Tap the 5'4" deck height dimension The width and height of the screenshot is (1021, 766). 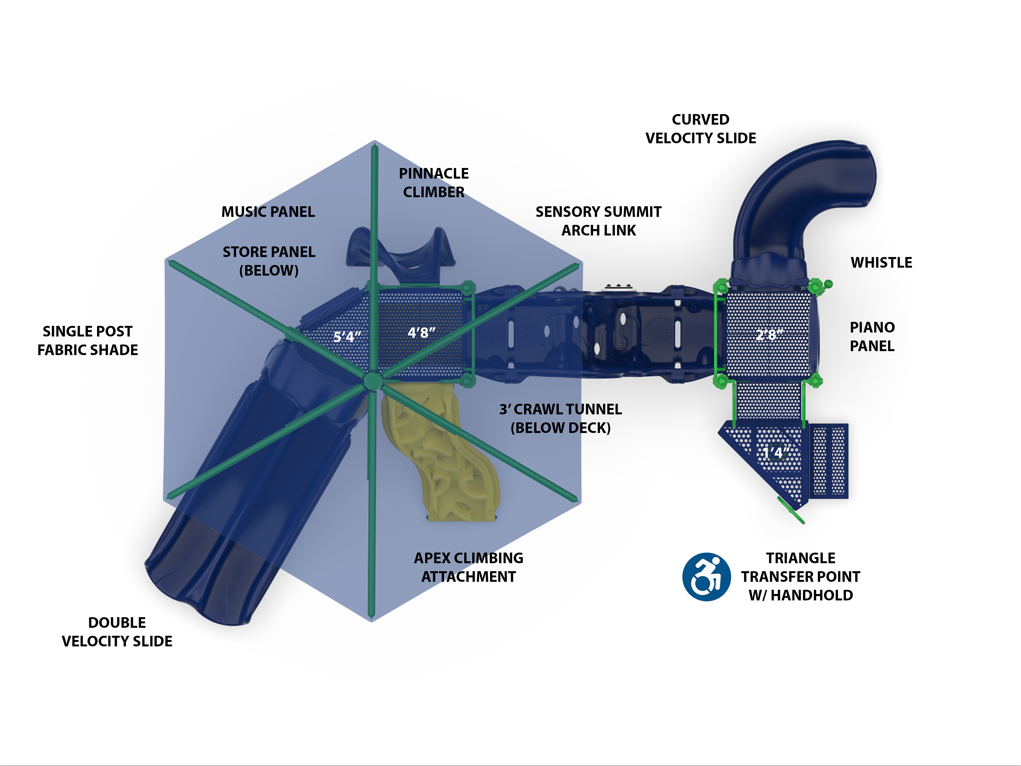click(347, 336)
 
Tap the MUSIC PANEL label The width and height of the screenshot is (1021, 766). click(268, 212)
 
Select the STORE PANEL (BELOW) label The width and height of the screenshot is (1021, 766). click(269, 261)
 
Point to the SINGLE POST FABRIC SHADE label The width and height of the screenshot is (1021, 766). click(88, 340)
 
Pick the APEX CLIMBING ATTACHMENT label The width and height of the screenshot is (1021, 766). click(468, 567)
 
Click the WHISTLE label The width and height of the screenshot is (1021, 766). click(881, 263)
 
